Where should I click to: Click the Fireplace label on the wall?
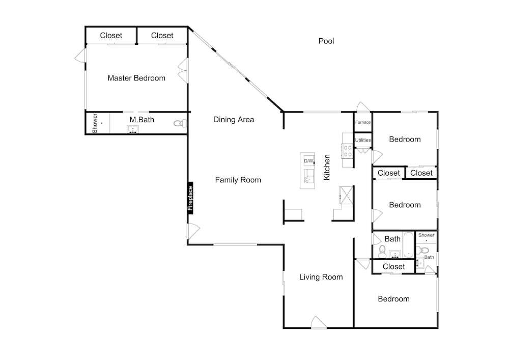190,198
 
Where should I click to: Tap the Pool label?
326,41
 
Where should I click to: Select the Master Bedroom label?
136,78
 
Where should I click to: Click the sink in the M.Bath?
133,129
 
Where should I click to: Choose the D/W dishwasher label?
309,161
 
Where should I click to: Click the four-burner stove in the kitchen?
348,151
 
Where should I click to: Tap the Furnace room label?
362,122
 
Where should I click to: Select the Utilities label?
362,140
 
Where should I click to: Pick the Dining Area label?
234,120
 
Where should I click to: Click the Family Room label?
238,180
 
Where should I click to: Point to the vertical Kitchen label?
327,167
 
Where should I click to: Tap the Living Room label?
321,277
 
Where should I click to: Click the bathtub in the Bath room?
409,244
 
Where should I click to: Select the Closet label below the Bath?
393,266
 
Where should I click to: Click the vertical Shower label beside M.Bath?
95,123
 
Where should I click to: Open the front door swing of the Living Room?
319,322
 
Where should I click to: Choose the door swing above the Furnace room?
363,107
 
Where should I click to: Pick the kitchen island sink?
309,176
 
